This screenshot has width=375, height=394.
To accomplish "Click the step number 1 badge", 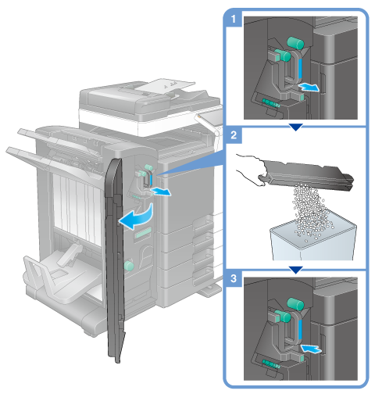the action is coord(234,19).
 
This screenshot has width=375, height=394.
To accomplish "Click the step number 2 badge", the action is coord(234,135).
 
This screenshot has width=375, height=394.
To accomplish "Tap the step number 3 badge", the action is coord(234,278).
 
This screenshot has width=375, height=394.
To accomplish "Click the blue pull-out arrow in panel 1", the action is coord(309,88).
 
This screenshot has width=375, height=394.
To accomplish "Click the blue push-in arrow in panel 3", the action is coord(311,348).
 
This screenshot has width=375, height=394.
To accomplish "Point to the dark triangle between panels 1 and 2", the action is coord(296,127).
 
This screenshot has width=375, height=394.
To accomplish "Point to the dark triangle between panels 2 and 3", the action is coord(296,270).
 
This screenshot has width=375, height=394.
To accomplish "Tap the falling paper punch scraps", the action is coord(310,211).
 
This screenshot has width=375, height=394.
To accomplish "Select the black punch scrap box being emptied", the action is coord(306,174).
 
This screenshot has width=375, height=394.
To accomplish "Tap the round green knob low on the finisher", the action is coord(129,266).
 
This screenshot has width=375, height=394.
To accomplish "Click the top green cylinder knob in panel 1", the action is coord(295,43).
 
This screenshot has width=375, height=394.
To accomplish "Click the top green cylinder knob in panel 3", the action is coord(295,304).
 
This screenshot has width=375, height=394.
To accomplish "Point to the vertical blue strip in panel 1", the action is coord(300,69).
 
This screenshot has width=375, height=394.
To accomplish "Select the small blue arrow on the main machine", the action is coord(162,192).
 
